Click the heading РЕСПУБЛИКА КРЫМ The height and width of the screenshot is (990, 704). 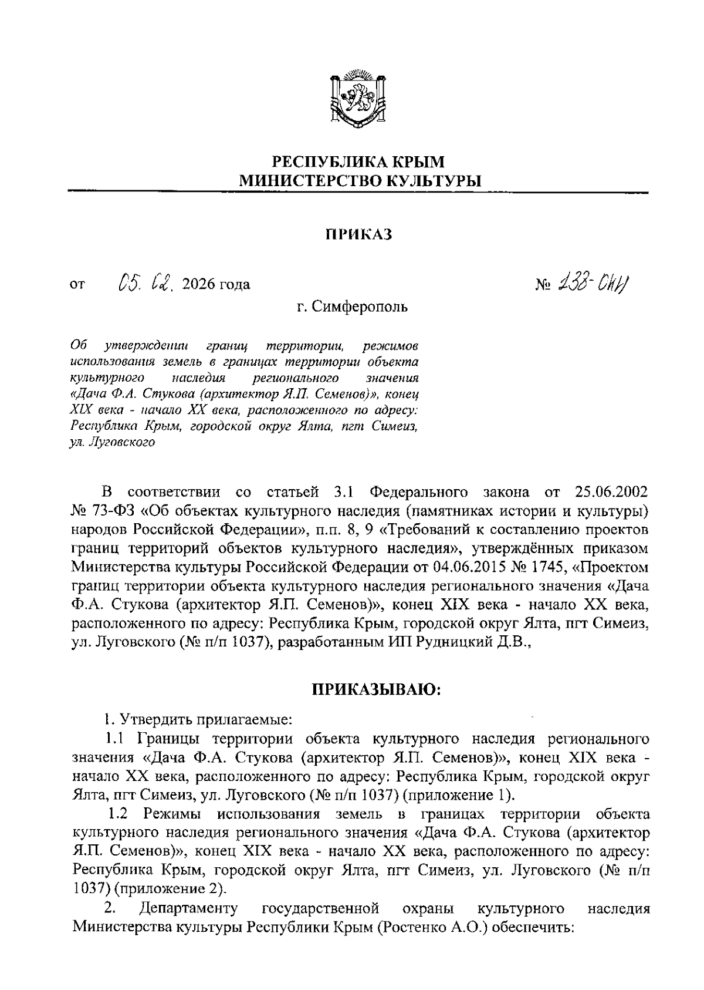click(x=359, y=161)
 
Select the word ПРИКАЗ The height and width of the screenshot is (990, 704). click(x=358, y=234)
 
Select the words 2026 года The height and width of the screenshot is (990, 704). click(x=216, y=285)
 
